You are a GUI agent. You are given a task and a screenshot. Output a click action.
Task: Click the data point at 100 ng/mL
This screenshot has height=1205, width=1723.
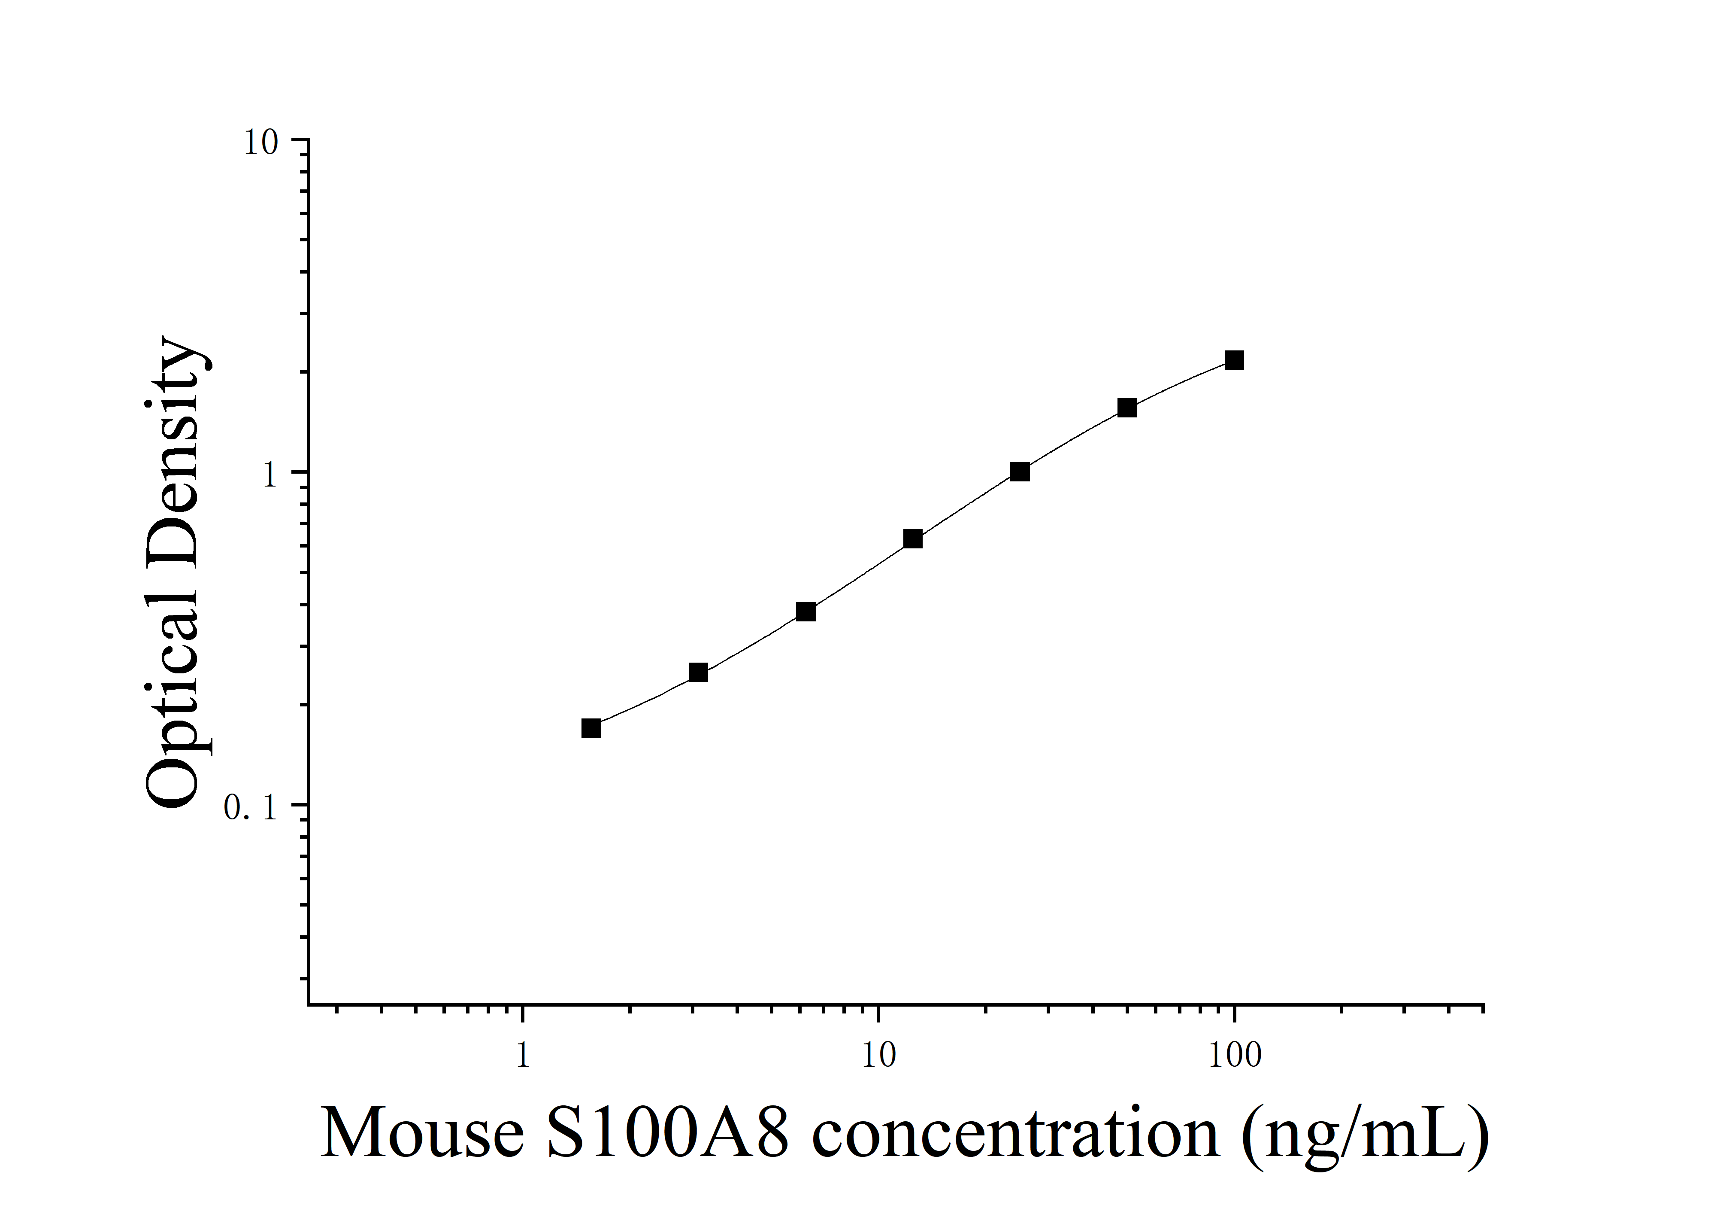[x=1234, y=360]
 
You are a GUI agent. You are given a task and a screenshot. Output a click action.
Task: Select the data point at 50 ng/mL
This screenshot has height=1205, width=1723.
[x=1126, y=408]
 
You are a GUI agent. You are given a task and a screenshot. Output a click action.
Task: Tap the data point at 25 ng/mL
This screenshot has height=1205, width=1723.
[x=1020, y=472]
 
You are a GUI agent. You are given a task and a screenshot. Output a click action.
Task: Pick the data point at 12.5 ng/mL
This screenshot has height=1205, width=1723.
[x=912, y=539]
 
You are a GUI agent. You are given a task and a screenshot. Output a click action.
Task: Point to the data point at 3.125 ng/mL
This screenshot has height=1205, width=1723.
[x=698, y=672]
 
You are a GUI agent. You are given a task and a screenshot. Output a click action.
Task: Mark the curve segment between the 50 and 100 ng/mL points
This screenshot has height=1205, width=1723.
[x=1182, y=381]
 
